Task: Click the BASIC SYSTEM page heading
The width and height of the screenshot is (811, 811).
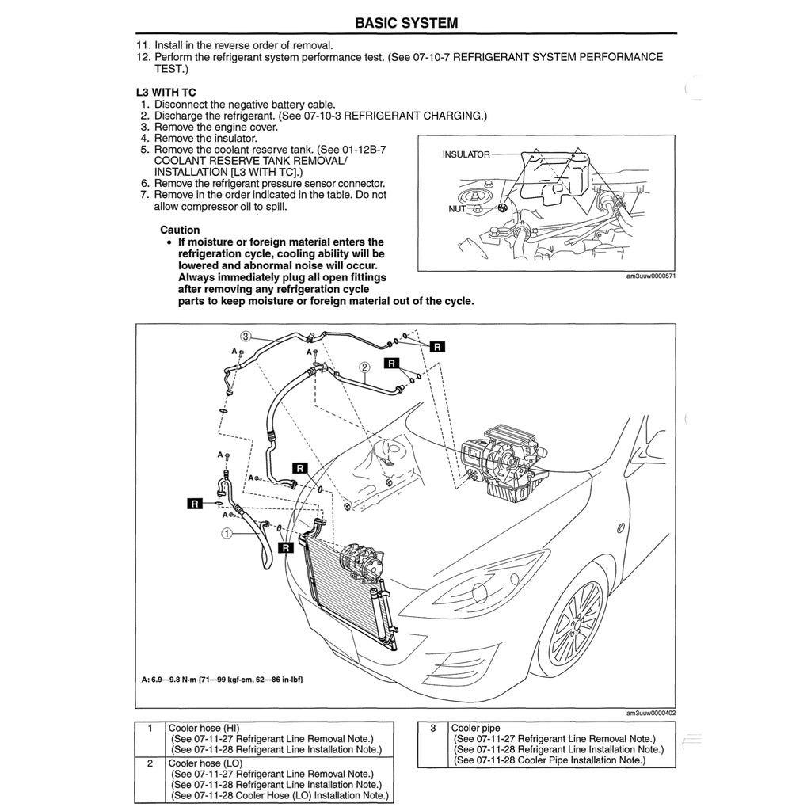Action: click(405, 22)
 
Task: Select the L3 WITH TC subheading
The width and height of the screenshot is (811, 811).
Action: click(166, 92)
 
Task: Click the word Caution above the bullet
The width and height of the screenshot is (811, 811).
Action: click(180, 230)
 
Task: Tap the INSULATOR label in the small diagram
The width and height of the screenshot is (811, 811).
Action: click(466, 154)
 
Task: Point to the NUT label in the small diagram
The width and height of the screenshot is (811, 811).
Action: click(456, 209)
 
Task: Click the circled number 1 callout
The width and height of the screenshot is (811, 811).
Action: click(227, 534)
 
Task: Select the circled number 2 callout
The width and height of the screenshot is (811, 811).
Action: click(364, 367)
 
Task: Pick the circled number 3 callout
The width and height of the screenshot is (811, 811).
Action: click(246, 336)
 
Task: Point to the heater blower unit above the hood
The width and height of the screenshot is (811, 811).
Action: click(499, 463)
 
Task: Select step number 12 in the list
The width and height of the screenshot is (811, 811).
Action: click(143, 57)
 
